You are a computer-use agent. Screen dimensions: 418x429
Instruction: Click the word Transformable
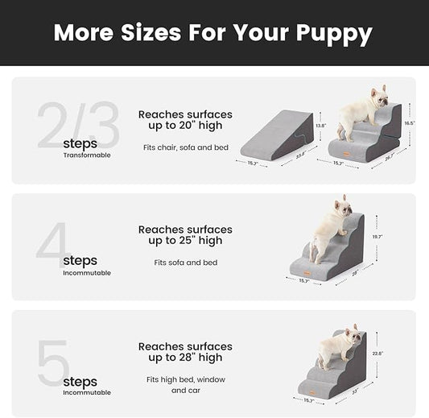87,155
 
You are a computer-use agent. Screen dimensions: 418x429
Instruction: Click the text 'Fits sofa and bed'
185,262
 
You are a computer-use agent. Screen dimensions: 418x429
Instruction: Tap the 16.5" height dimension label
409,122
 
